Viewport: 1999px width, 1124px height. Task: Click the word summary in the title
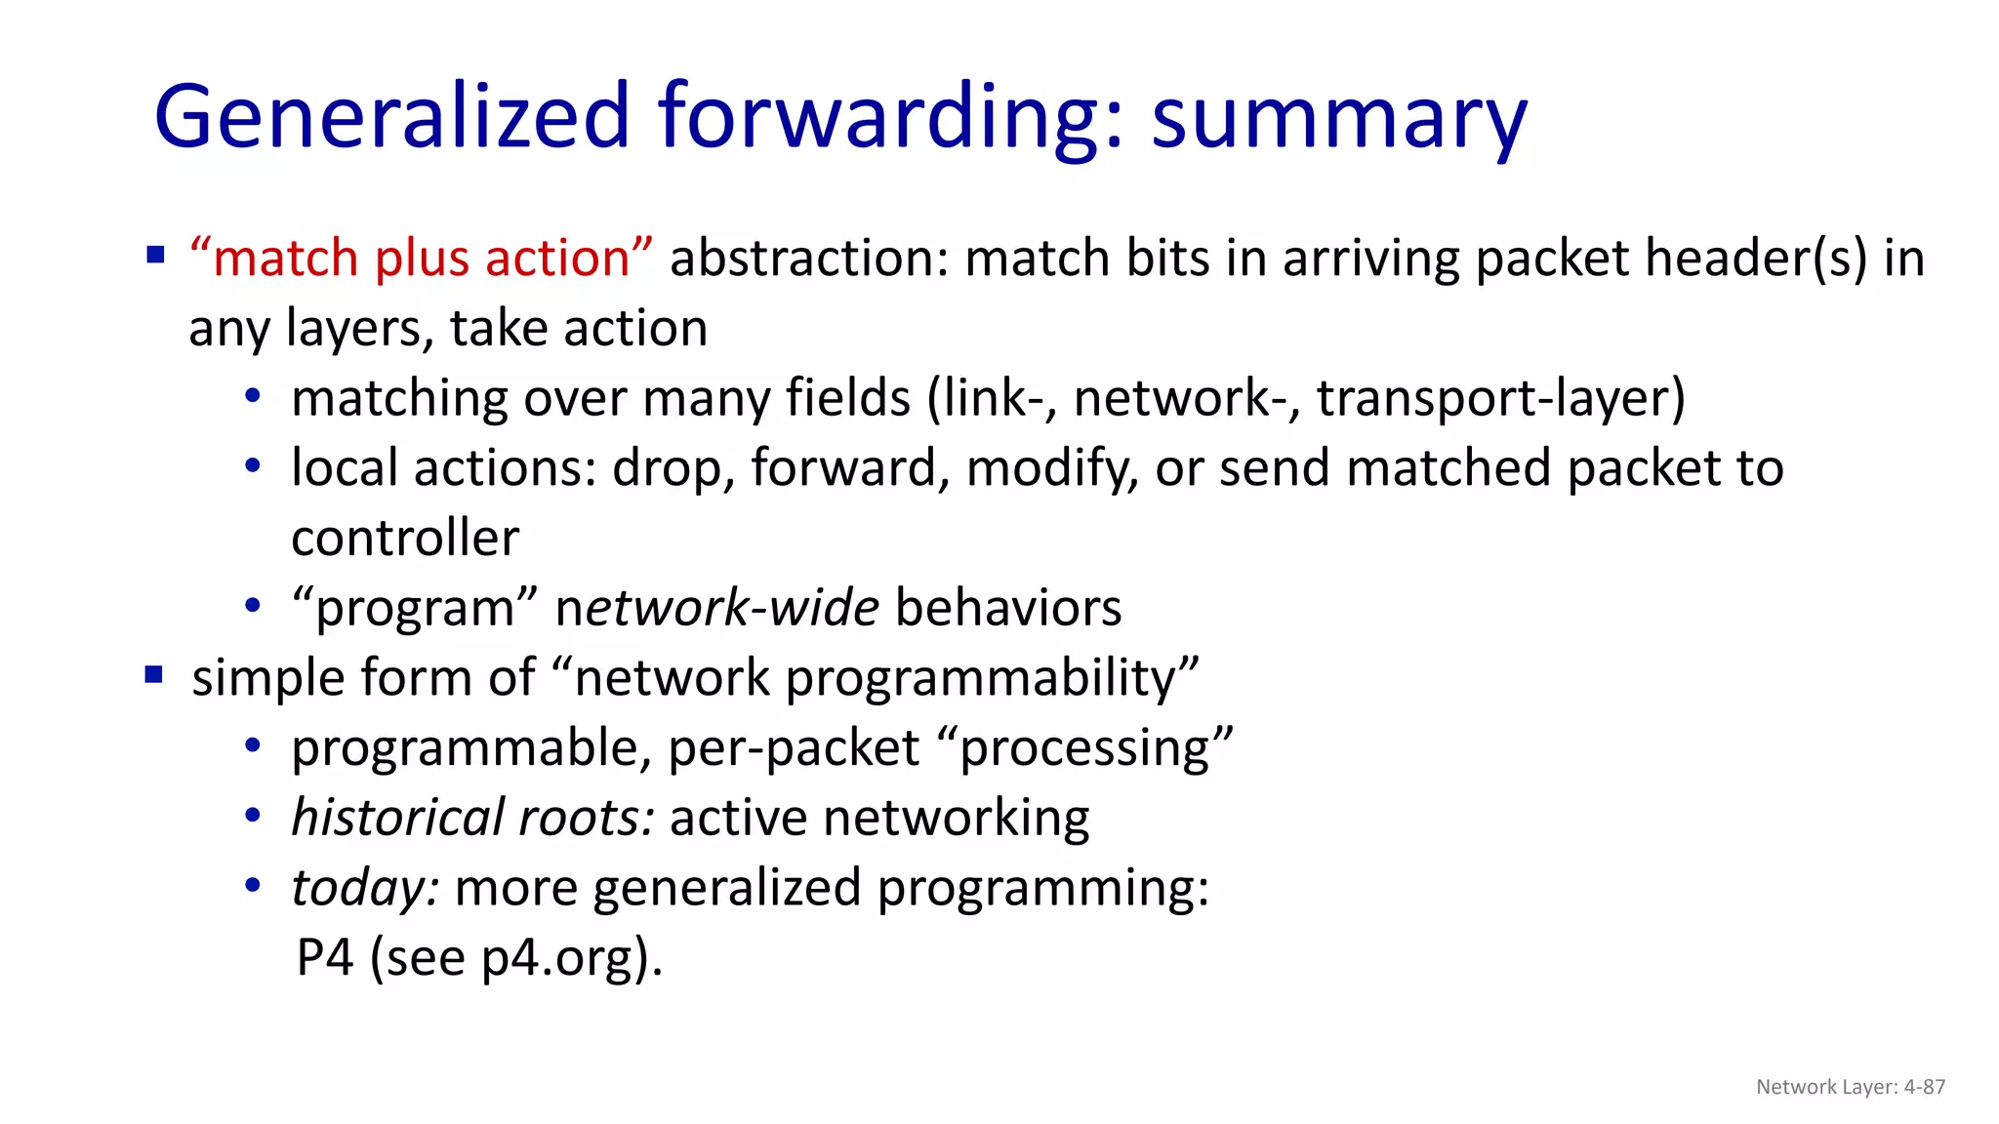coord(1338,119)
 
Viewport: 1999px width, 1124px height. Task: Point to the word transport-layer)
coord(1500,399)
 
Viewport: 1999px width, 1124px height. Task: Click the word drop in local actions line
coord(673,469)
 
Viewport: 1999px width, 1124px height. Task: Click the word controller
coord(405,539)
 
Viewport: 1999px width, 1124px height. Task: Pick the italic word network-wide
coord(716,609)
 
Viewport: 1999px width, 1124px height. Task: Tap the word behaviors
coord(1008,609)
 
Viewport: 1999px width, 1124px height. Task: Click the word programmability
coord(993,678)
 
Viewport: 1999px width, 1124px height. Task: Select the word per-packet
coord(794,748)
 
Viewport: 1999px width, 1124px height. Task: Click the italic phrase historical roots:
coord(472,818)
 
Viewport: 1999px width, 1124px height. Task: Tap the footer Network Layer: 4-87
coord(1850,1087)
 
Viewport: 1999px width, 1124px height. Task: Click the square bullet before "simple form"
coord(154,675)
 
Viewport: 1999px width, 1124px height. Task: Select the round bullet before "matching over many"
coord(253,397)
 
